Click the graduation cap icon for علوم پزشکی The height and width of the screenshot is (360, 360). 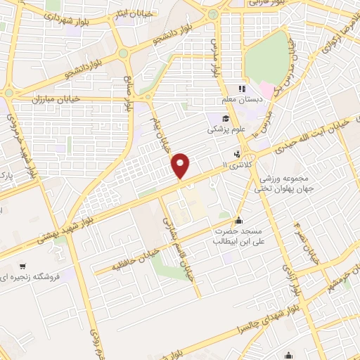pyautogui.click(x=214, y=119)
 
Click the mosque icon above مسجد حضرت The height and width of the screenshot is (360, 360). pyautogui.click(x=239, y=221)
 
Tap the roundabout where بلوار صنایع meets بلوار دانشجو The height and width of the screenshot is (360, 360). pyautogui.click(x=124, y=53)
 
